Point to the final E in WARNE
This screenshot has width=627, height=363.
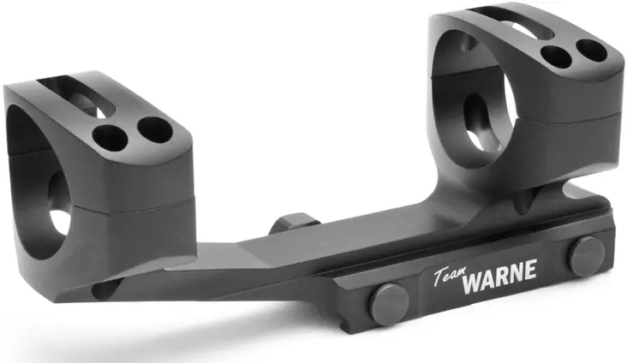pyautogui.click(x=531, y=270)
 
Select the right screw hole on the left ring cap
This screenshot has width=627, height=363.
pyautogui.click(x=153, y=130)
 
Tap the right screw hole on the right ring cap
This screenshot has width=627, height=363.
pyautogui.click(x=591, y=51)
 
